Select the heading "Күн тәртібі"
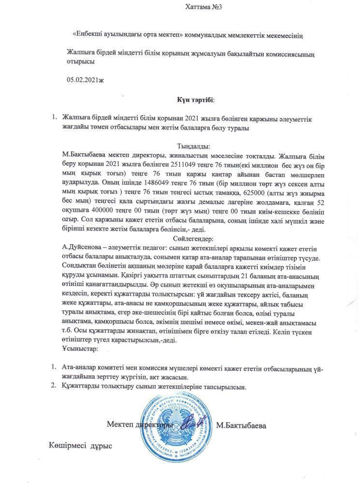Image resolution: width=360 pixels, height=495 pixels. (x=195, y=100)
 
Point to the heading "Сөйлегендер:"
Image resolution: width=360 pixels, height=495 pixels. (x=193, y=239)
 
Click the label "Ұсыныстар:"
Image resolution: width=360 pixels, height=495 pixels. (x=80, y=348)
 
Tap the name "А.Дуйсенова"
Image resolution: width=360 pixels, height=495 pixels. (x=83, y=248)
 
